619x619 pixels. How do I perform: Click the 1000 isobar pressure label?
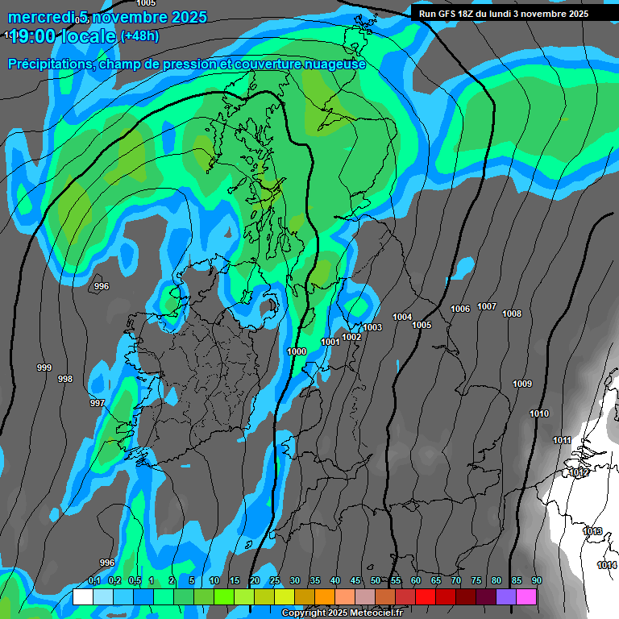tap(297, 352)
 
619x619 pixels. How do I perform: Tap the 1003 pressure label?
tap(372, 327)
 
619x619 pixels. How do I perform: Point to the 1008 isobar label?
tap(512, 314)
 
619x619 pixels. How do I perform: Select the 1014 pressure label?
tap(607, 565)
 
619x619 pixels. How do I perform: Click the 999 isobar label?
tap(44, 368)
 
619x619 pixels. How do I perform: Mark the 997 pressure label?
tap(97, 403)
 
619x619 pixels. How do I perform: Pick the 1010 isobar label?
tap(539, 413)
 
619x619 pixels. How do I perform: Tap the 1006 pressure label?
tap(460, 309)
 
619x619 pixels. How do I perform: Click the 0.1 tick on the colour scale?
tap(93, 581)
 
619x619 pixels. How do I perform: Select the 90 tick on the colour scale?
tap(536, 581)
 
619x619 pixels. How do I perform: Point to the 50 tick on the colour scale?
tap(376, 581)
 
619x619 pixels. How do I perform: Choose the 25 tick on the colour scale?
tap(275, 581)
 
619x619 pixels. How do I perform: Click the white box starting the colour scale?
tap(82, 596)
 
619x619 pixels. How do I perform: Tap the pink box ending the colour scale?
tap(526, 596)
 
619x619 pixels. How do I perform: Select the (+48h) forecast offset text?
tap(139, 35)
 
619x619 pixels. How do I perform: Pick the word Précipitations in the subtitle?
tap(48, 64)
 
